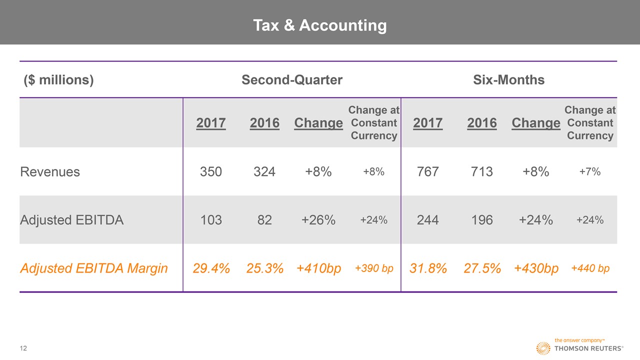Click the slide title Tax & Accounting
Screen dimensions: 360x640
point(319,25)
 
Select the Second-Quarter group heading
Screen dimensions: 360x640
point(292,80)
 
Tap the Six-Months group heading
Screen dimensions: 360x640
point(508,80)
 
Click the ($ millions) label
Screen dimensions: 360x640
point(58,80)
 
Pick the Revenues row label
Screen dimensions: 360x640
point(50,172)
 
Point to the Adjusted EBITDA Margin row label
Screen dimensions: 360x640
point(94,268)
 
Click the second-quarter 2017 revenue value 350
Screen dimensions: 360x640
point(210,172)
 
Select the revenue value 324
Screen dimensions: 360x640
point(264,172)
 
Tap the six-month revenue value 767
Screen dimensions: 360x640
point(427,172)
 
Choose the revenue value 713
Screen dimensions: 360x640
point(481,172)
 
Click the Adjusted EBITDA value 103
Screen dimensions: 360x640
point(210,220)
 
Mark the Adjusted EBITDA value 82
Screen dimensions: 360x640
point(264,220)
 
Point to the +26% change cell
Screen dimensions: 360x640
point(318,220)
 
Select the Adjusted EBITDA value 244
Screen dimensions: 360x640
point(427,220)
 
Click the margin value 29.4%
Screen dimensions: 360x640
point(211,268)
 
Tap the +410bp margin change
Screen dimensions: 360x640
point(318,268)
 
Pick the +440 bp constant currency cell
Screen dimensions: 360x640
point(590,268)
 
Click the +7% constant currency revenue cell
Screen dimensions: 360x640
point(590,172)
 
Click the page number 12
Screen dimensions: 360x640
point(23,348)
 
